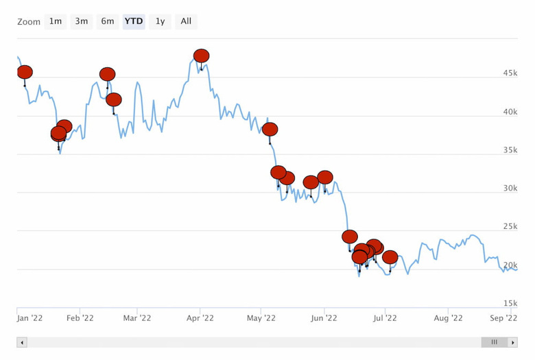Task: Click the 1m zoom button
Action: pos(56,21)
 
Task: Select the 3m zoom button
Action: pos(82,21)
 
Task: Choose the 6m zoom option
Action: pos(108,21)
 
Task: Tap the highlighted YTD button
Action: pos(134,21)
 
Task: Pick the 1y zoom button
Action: pos(160,21)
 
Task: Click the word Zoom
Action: pos(29,22)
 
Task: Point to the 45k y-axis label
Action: pos(510,73)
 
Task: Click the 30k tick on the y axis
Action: pos(510,188)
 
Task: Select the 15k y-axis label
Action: pos(510,303)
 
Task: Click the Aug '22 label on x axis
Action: pos(447,317)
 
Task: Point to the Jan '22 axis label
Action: pos(29,317)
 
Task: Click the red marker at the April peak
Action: pos(201,56)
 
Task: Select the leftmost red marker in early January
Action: pos(25,72)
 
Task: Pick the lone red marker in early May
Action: pos(270,129)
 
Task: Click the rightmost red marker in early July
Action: pos(390,257)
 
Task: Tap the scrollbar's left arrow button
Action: pos(22,342)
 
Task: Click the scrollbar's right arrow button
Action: pos(512,342)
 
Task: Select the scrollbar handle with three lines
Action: pos(494,342)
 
